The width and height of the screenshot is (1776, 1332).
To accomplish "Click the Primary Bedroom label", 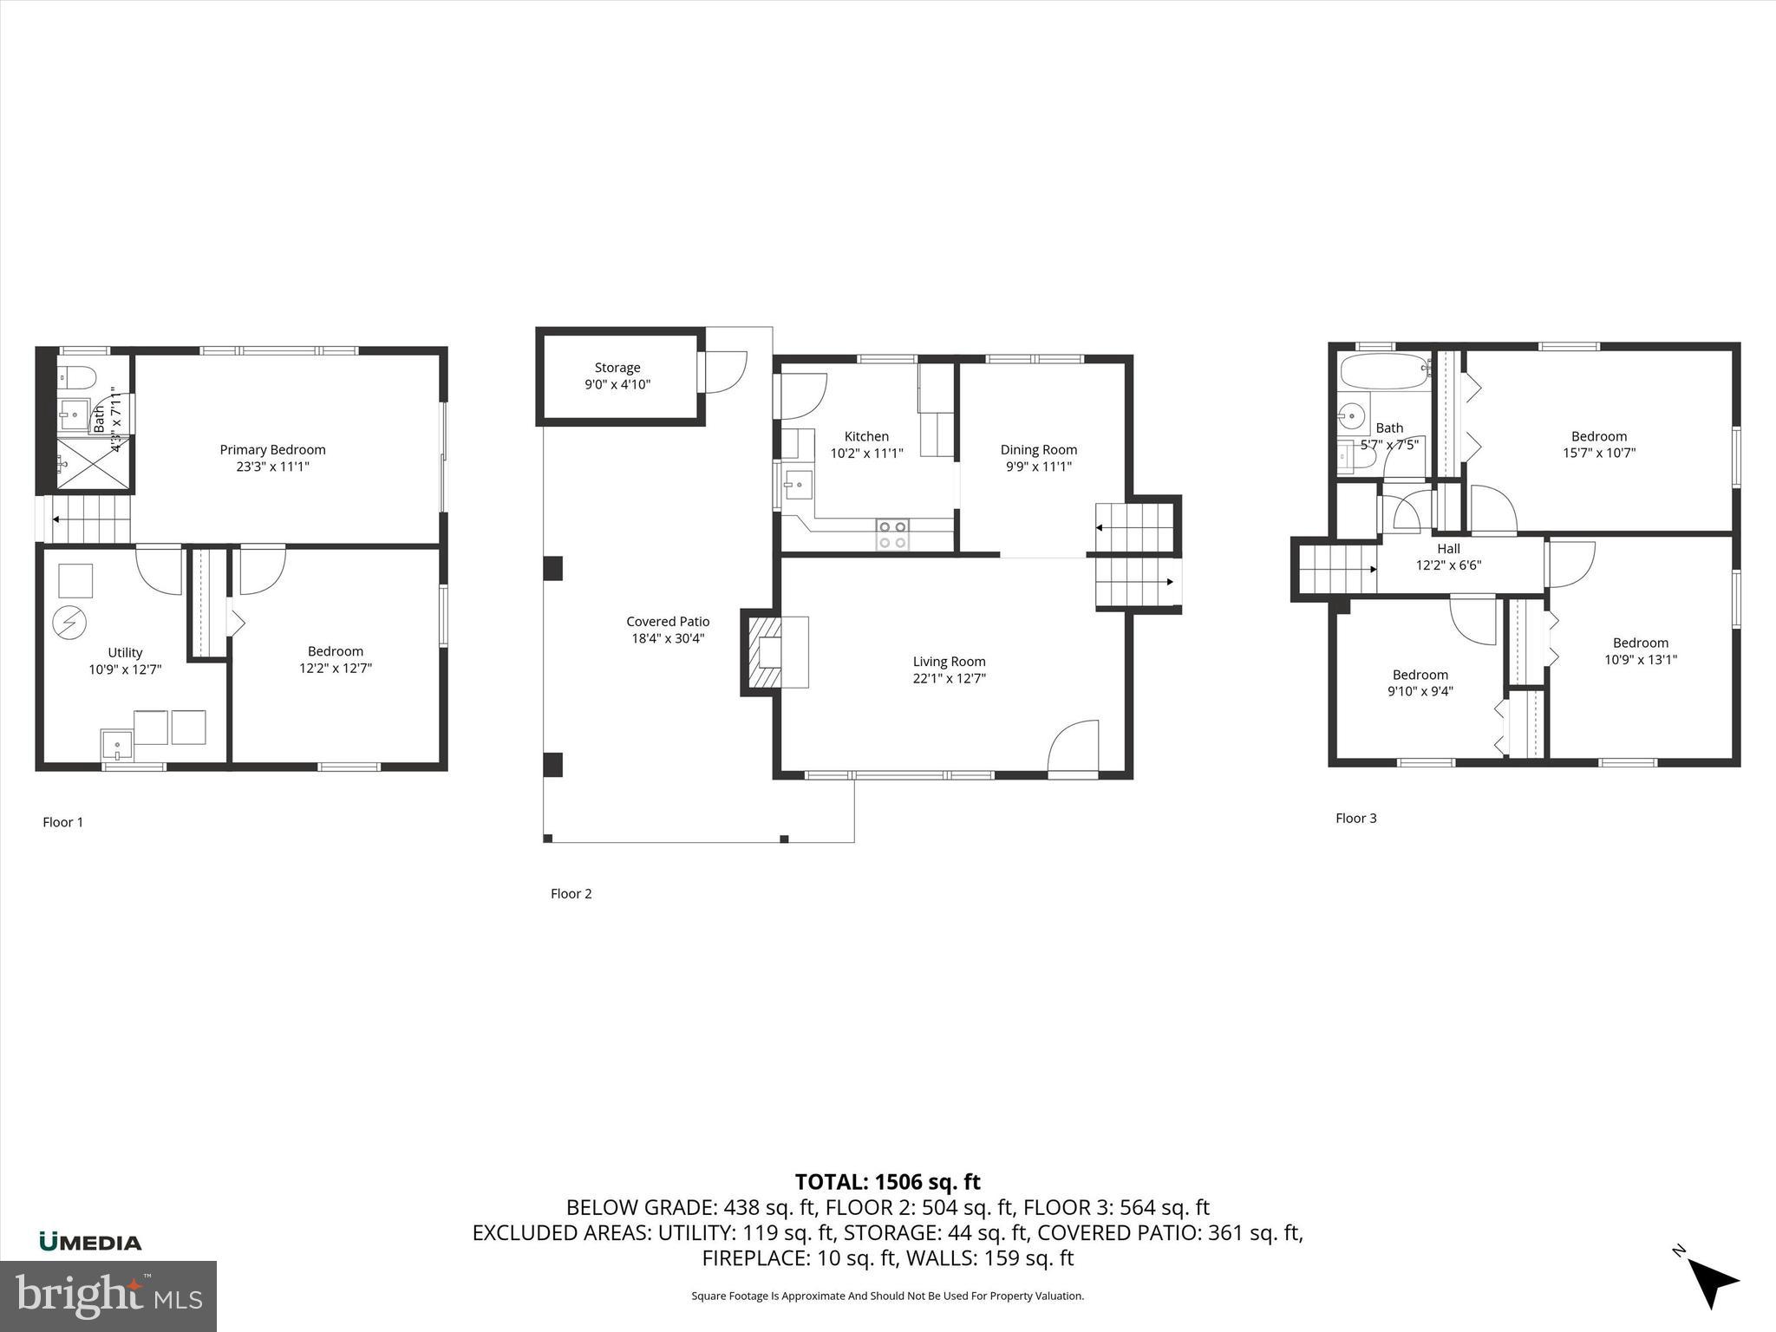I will (x=272, y=449).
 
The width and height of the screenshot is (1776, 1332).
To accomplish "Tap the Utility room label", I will (x=125, y=652).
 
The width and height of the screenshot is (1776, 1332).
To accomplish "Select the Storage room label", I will (x=617, y=368).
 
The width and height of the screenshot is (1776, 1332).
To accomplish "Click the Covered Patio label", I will (x=668, y=621).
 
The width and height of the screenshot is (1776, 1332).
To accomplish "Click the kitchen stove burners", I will (x=893, y=534).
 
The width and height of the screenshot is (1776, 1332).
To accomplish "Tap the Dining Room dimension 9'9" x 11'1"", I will (x=1038, y=467).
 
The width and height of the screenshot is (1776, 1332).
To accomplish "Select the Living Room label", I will (x=949, y=662).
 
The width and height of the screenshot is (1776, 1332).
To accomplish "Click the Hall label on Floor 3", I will (x=1448, y=548).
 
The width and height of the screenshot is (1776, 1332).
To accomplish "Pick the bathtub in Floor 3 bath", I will (x=1384, y=372).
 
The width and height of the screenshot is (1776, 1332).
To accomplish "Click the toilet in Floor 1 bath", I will (x=75, y=375).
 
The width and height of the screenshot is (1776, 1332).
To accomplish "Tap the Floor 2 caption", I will (x=571, y=893).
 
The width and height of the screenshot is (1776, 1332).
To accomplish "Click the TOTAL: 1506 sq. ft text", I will (x=887, y=1182).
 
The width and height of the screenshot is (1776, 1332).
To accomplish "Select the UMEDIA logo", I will (x=90, y=1242).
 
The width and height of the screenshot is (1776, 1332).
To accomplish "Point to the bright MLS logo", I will (x=108, y=1296).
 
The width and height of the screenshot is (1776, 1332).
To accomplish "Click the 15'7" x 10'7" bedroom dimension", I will (x=1598, y=453).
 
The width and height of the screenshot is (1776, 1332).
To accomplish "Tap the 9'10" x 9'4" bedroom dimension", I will (x=1420, y=691).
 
